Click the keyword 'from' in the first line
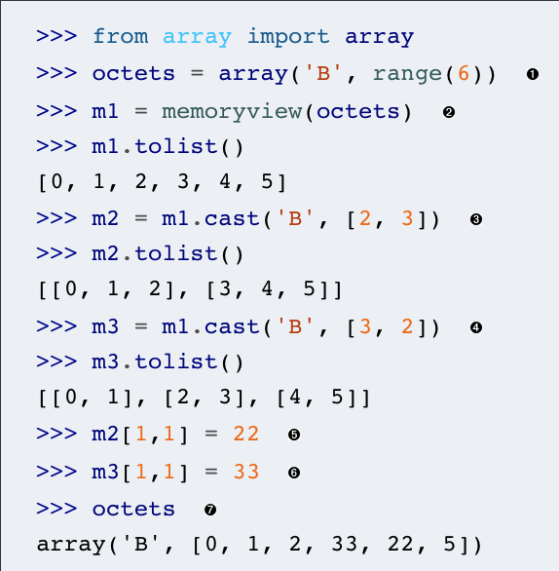pyautogui.click(x=121, y=36)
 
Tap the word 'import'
pyautogui.click(x=288, y=37)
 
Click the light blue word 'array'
pyautogui.click(x=197, y=38)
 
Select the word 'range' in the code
pyautogui.click(x=408, y=75)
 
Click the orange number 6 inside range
pyautogui.click(x=464, y=73)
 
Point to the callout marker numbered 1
pyautogui.click(x=533, y=74)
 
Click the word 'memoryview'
pyautogui.click(x=232, y=112)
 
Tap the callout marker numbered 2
pyautogui.click(x=449, y=112)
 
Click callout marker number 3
pyautogui.click(x=476, y=219)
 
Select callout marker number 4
pyautogui.click(x=476, y=327)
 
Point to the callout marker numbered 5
pyautogui.click(x=294, y=435)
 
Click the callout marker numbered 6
pyautogui.click(x=294, y=473)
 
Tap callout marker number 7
pyautogui.click(x=210, y=510)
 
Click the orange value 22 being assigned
pyautogui.click(x=246, y=434)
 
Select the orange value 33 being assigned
pyautogui.click(x=246, y=472)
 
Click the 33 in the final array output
pyautogui.click(x=345, y=544)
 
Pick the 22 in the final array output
pyautogui.click(x=400, y=544)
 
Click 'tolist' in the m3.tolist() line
pyautogui.click(x=176, y=362)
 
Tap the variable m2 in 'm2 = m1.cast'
pyautogui.click(x=105, y=219)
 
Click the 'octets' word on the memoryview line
pyautogui.click(x=357, y=111)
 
